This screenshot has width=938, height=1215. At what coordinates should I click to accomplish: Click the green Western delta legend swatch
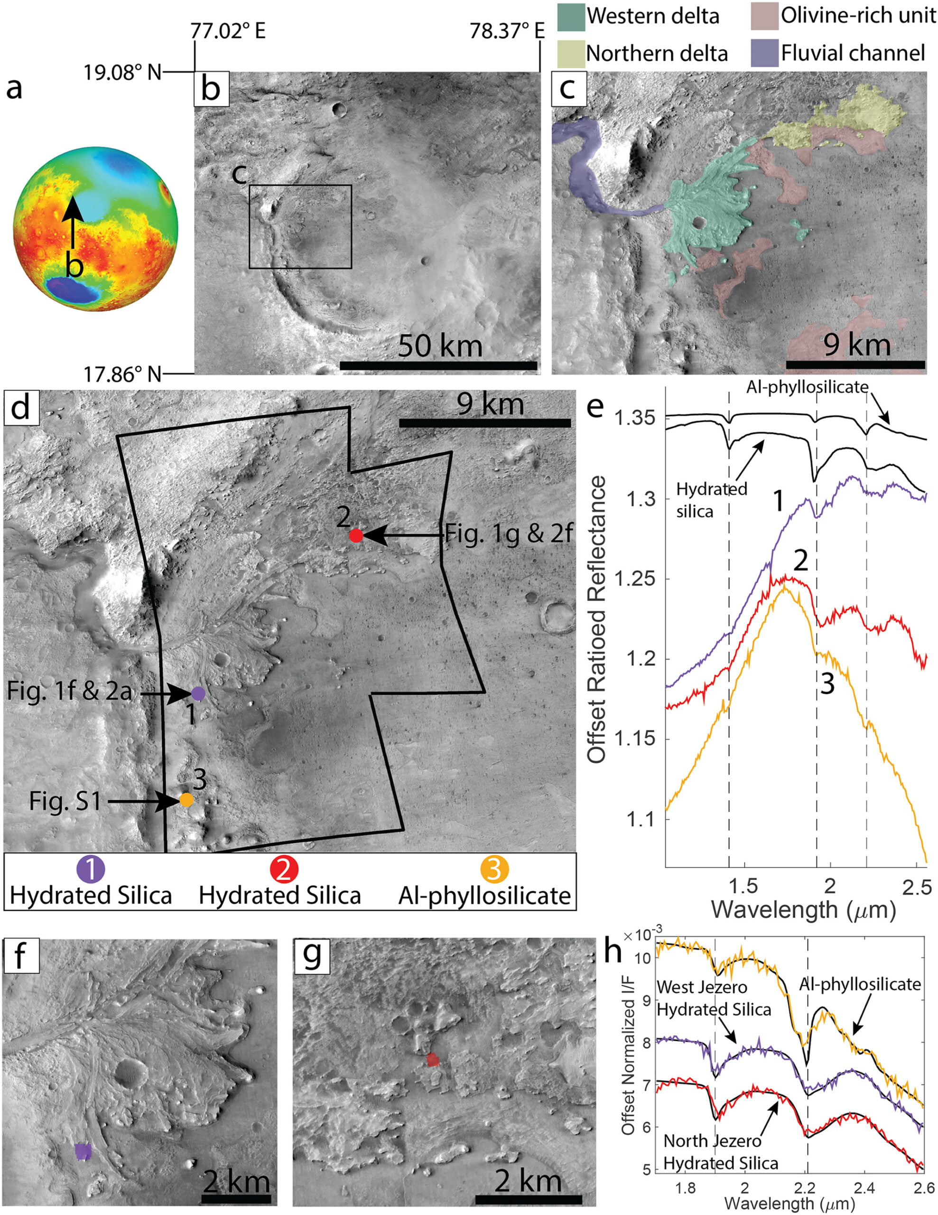coord(570,17)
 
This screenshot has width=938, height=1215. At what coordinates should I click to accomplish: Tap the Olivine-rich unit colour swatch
coord(764,17)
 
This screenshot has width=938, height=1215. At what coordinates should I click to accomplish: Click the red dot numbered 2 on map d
coord(356,536)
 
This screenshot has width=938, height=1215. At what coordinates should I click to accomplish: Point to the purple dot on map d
coord(198,693)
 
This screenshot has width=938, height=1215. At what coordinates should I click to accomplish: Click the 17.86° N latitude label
coord(122,374)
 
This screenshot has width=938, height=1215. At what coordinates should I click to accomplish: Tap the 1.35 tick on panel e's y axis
coord(635,418)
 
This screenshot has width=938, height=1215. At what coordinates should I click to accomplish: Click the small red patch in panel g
coord(433,1060)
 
